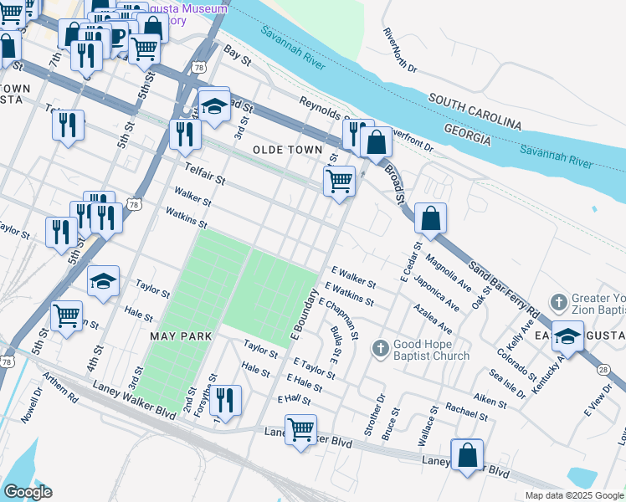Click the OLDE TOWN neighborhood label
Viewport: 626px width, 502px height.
(x=287, y=150)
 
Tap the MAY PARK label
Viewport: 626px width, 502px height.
(x=179, y=336)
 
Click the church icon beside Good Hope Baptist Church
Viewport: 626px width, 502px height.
(x=379, y=346)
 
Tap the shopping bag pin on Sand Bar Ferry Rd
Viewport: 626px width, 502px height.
(x=430, y=220)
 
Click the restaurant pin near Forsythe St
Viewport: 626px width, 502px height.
(x=224, y=402)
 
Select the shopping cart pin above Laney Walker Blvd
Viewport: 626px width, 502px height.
(x=300, y=431)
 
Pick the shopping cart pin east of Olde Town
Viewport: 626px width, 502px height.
(x=339, y=182)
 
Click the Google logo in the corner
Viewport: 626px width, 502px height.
(x=28, y=492)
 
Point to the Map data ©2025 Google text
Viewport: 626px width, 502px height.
(x=574, y=495)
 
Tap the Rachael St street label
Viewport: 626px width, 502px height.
(x=466, y=410)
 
